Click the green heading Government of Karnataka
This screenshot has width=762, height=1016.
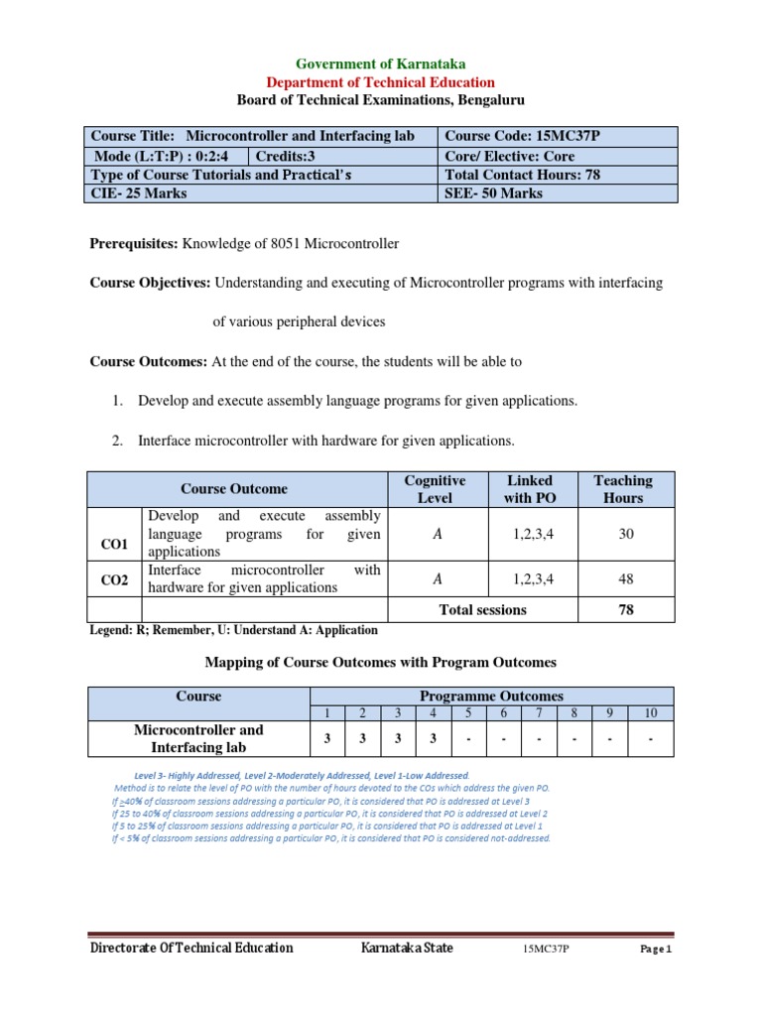381,64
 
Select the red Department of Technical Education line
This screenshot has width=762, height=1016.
381,82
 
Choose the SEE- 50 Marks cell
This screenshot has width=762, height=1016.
494,193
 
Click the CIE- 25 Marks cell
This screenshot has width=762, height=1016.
139,193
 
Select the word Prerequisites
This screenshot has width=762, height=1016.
133,243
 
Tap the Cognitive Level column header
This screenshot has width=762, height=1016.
435,489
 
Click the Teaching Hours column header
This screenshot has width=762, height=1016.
623,489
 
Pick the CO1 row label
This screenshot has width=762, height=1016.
115,545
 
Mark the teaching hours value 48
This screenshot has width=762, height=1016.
626,578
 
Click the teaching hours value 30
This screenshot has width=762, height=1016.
626,534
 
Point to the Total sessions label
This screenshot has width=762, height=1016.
483,610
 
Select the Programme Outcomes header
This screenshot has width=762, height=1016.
492,697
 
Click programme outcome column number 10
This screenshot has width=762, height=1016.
650,713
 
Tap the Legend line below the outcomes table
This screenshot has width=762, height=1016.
233,630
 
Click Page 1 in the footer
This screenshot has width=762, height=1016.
656,950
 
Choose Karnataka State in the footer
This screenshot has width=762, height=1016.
407,949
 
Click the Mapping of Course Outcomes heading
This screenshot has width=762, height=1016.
380,662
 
